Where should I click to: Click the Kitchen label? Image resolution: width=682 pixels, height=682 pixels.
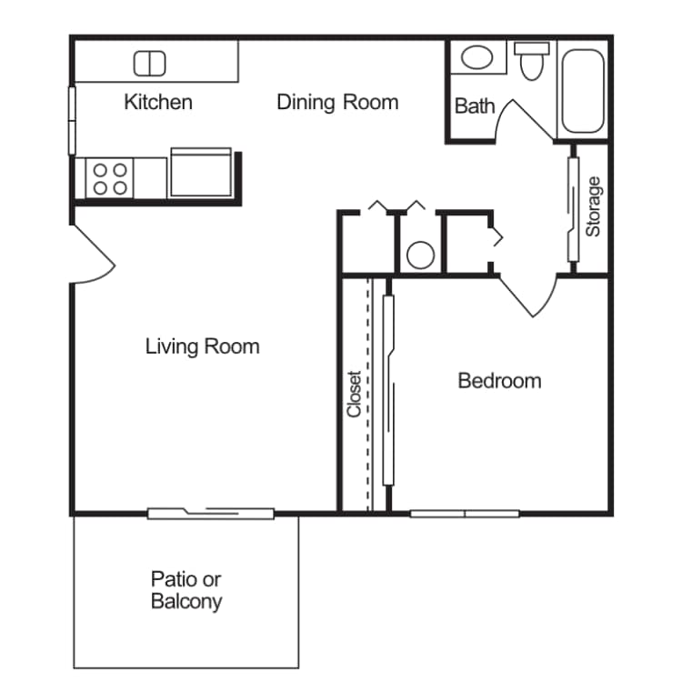coord(158,101)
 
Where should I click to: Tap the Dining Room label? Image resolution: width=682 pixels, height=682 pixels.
coord(337,101)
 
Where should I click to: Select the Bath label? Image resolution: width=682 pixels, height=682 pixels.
coord(475,105)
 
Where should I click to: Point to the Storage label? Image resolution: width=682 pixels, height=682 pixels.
coord(593,206)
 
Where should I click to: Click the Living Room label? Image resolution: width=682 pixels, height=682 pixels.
coord(202,346)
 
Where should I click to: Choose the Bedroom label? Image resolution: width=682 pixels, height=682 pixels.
coord(499,380)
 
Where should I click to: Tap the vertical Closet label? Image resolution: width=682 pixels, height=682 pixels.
coord(355,393)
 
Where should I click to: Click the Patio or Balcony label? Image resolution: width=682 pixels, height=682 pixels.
coord(186,590)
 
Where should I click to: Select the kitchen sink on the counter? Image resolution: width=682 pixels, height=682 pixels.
coord(150,64)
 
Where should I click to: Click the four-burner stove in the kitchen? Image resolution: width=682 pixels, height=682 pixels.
coord(109,177)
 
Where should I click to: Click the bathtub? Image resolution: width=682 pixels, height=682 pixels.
coord(583,90)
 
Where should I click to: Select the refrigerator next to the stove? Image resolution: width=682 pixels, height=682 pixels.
coord(201,175)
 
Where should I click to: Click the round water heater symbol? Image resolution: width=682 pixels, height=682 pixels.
coord(420,255)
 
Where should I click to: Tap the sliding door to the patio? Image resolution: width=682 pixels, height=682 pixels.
coord(211,514)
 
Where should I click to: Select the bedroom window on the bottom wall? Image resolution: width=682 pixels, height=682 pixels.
coord(465,514)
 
